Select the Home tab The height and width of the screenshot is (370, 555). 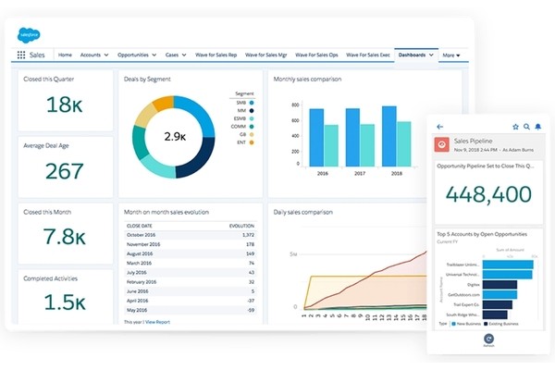click(x=66, y=55)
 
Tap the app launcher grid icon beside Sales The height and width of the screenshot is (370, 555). click(x=21, y=55)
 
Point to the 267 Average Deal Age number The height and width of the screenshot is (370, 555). click(x=64, y=171)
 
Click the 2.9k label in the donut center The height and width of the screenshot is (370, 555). click(x=177, y=136)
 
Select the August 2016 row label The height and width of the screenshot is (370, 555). click(x=142, y=253)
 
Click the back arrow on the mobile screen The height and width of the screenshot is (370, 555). click(x=439, y=127)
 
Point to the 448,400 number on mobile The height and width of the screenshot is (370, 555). click(x=487, y=194)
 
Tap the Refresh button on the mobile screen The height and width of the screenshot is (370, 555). click(x=487, y=339)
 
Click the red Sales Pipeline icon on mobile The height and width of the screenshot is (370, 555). click(x=442, y=144)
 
